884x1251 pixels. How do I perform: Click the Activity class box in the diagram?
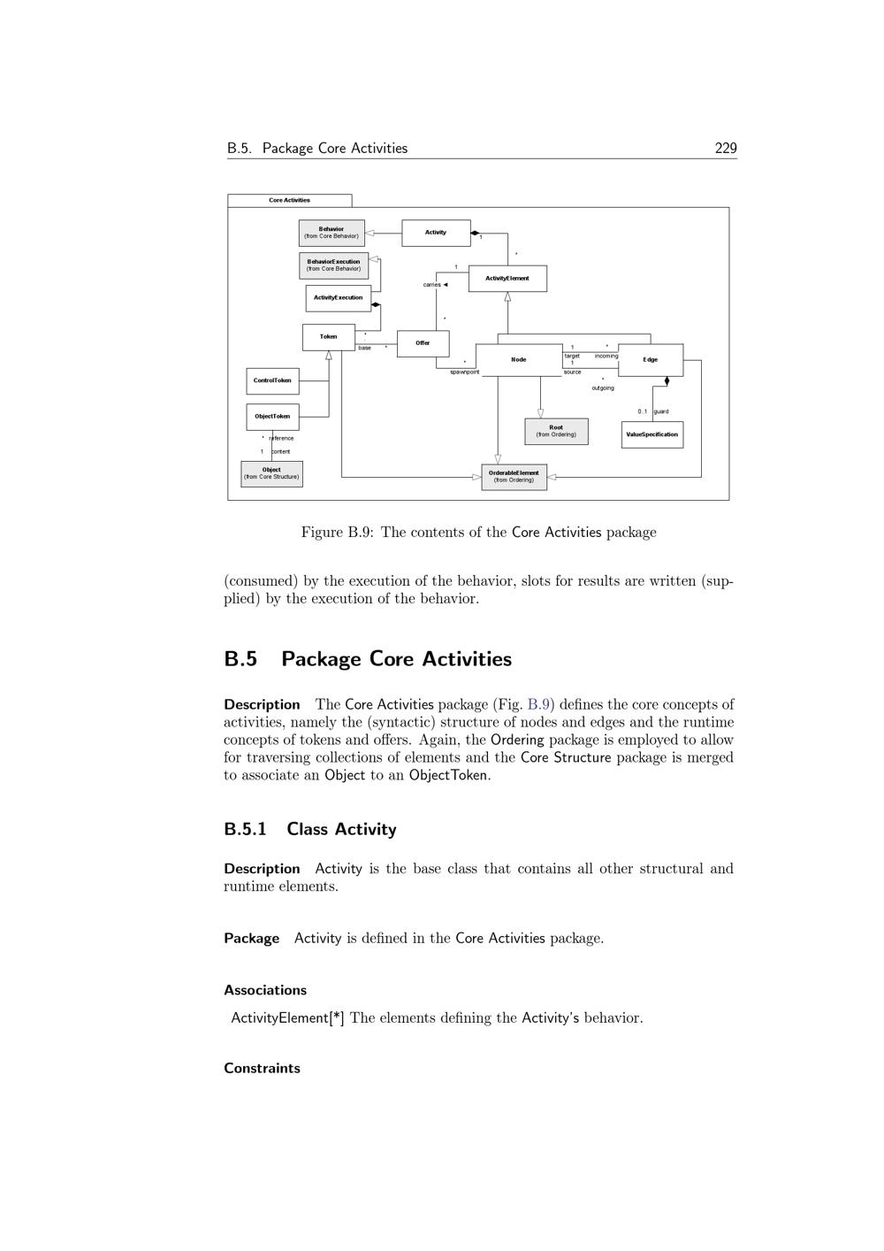[436, 233]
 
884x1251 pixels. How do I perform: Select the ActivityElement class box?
[507, 279]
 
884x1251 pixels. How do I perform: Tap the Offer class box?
[423, 343]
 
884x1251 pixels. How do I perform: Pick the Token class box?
[328, 337]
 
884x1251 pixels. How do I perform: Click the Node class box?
[519, 359]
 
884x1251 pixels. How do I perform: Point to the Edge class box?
[651, 359]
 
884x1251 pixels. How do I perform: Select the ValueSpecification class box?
[652, 434]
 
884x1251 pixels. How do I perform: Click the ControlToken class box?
[272, 380]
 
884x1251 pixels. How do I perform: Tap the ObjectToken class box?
[272, 416]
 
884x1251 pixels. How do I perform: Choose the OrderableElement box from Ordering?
[514, 476]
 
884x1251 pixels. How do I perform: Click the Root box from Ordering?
[556, 431]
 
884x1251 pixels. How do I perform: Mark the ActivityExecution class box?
[338, 297]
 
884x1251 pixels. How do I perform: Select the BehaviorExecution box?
[333, 265]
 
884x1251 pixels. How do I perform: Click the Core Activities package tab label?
[289, 200]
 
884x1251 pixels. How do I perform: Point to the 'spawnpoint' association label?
[464, 372]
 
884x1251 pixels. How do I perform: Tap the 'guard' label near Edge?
[661, 411]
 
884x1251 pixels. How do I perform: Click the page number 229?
[726, 149]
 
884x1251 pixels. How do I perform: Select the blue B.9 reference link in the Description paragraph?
[538, 705]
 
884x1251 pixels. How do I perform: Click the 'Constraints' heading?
[262, 1068]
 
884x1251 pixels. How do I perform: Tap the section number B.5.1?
[245, 829]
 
